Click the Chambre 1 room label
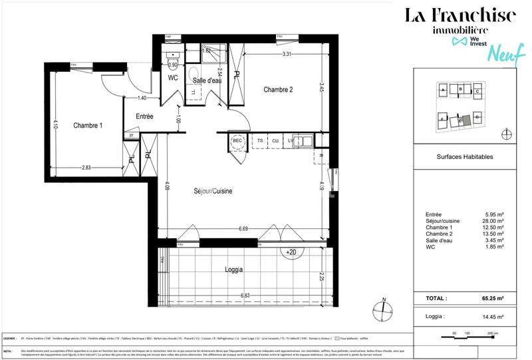pyautogui.click(x=88, y=126)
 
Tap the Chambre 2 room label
pyautogui.click(x=278, y=89)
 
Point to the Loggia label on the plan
pyautogui.click(x=233, y=270)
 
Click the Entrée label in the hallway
pyautogui.click(x=144, y=116)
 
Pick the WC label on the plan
pyautogui.click(x=173, y=78)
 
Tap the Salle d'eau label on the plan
pyautogui.click(x=206, y=81)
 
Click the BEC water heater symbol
pyautogui.click(x=237, y=141)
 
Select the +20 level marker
pyautogui.click(x=291, y=253)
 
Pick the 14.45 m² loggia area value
pyautogui.click(x=493, y=317)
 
